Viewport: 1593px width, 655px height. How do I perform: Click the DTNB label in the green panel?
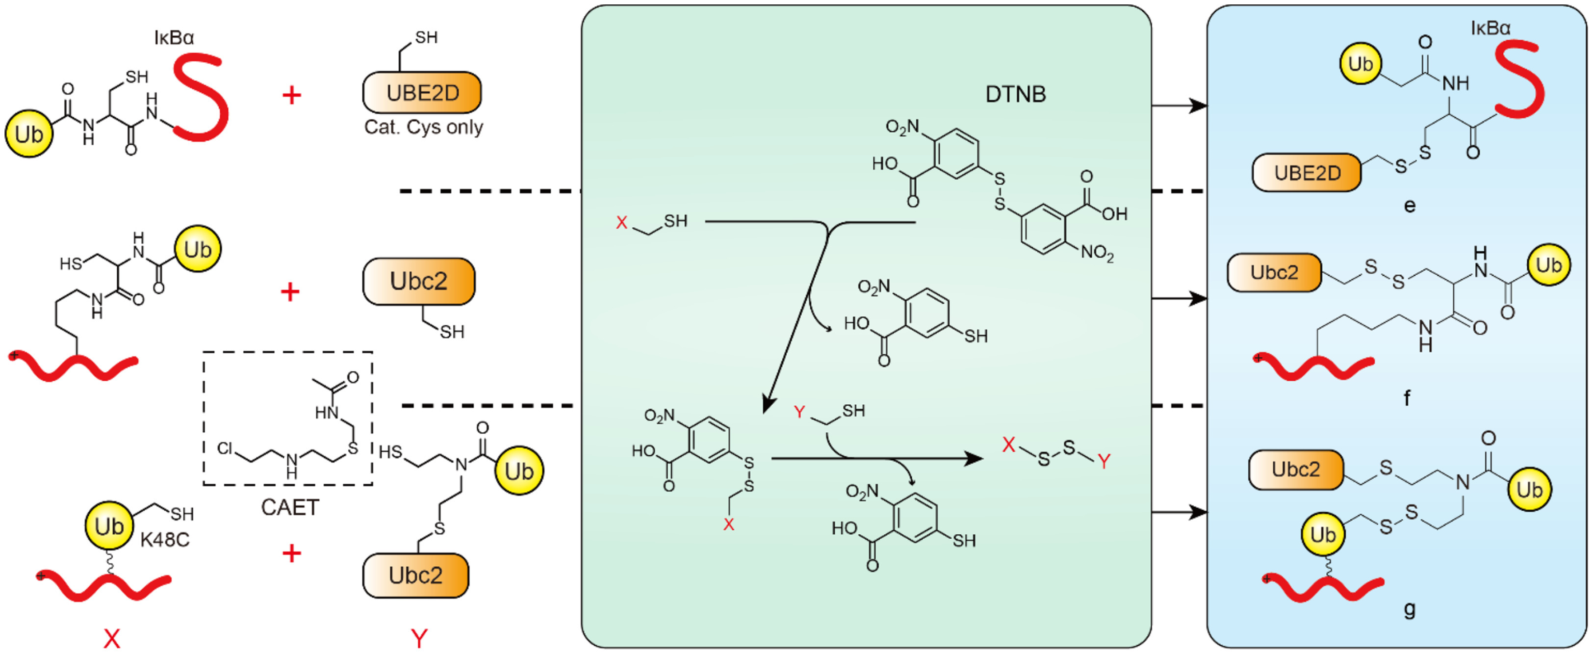[1015, 94]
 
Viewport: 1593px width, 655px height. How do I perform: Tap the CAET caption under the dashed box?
[289, 507]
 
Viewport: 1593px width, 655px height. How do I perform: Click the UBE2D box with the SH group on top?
[422, 93]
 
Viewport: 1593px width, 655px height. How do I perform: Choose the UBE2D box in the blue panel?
[1307, 173]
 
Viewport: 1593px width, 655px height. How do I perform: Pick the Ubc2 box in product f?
[1274, 273]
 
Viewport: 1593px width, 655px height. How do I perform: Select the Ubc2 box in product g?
[1296, 470]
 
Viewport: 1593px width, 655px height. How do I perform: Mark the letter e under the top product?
[1410, 206]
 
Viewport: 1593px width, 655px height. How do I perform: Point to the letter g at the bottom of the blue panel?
[1410, 609]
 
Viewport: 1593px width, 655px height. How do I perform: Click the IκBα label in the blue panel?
[1490, 28]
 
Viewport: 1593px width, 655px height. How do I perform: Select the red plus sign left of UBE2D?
[292, 95]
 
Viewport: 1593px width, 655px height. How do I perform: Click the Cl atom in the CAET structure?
[225, 448]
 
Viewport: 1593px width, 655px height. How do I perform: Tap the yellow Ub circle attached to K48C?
[109, 526]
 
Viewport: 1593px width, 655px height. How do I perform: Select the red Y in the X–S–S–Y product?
[1104, 461]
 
